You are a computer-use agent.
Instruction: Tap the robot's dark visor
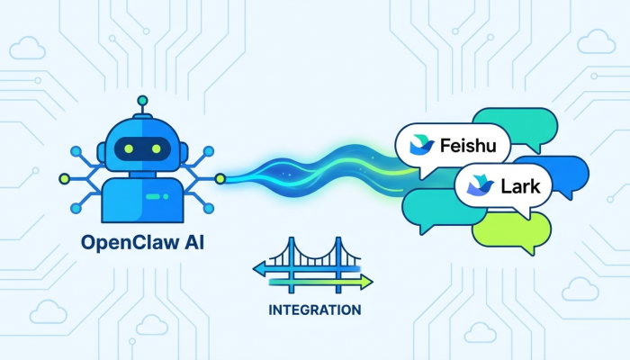[x=140, y=148]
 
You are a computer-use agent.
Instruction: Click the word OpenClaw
[x=123, y=242]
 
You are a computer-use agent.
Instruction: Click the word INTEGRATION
[x=315, y=310]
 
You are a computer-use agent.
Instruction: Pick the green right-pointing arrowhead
[x=366, y=282]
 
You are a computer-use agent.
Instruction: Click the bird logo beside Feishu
[x=420, y=145]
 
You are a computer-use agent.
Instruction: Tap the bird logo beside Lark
[x=474, y=187]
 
